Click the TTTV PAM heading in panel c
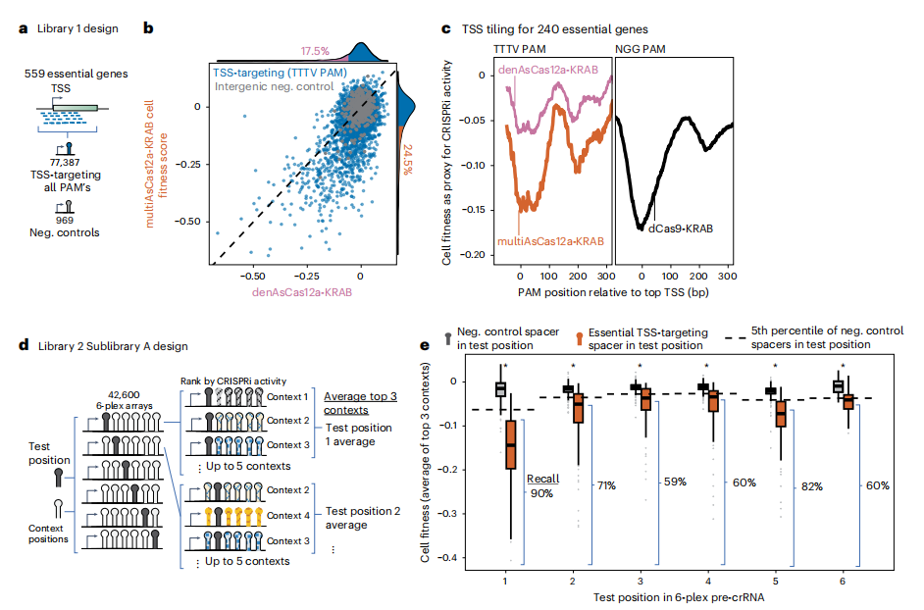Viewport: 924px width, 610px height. point(522,47)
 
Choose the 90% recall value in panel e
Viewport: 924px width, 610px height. point(543,493)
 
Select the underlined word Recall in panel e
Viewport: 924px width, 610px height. point(542,479)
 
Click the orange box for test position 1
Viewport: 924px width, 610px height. point(510,457)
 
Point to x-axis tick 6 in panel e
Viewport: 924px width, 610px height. point(843,581)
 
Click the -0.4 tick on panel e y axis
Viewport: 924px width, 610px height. point(454,558)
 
